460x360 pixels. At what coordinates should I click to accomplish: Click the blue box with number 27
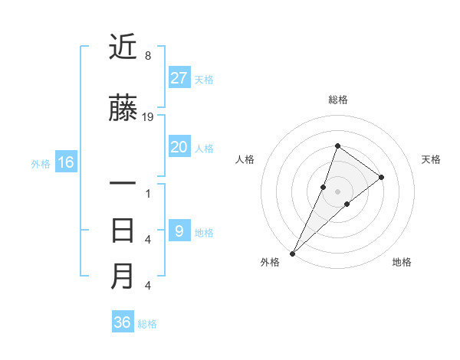pos(179,78)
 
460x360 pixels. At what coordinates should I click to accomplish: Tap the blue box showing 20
pos(179,147)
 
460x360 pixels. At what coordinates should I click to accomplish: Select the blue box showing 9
pos(179,231)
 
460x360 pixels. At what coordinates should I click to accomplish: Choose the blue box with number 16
pos(66,162)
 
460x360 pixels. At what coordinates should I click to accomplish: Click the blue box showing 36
pos(123,322)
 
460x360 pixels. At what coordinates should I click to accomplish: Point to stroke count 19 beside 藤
pos(149,116)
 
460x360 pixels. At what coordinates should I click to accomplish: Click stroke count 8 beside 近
pos(148,56)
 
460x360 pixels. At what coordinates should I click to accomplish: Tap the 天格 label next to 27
pos(204,79)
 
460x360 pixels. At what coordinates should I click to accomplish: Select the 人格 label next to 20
pos(204,148)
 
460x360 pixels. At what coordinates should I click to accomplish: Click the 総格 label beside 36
pos(147,324)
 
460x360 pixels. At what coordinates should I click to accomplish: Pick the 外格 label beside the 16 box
pos(41,163)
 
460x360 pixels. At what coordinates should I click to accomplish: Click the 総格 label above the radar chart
pos(337,100)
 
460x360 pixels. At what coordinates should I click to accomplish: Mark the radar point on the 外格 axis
pos(292,253)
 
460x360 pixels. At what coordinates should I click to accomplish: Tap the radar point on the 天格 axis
pos(381,177)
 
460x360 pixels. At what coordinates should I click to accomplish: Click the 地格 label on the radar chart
pos(402,262)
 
